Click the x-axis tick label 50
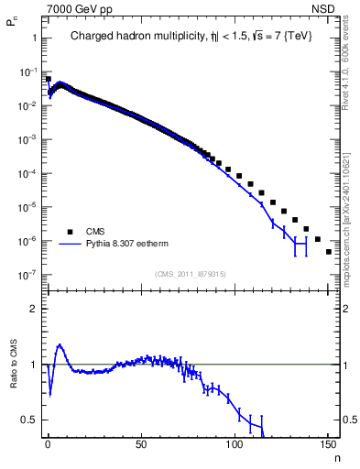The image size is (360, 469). [x=140, y=444]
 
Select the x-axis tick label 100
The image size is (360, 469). [x=234, y=444]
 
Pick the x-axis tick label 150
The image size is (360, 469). [x=327, y=444]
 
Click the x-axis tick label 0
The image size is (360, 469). [x=48, y=444]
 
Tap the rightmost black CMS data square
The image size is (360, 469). [x=329, y=251]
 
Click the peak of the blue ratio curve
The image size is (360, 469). [x=60, y=345]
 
